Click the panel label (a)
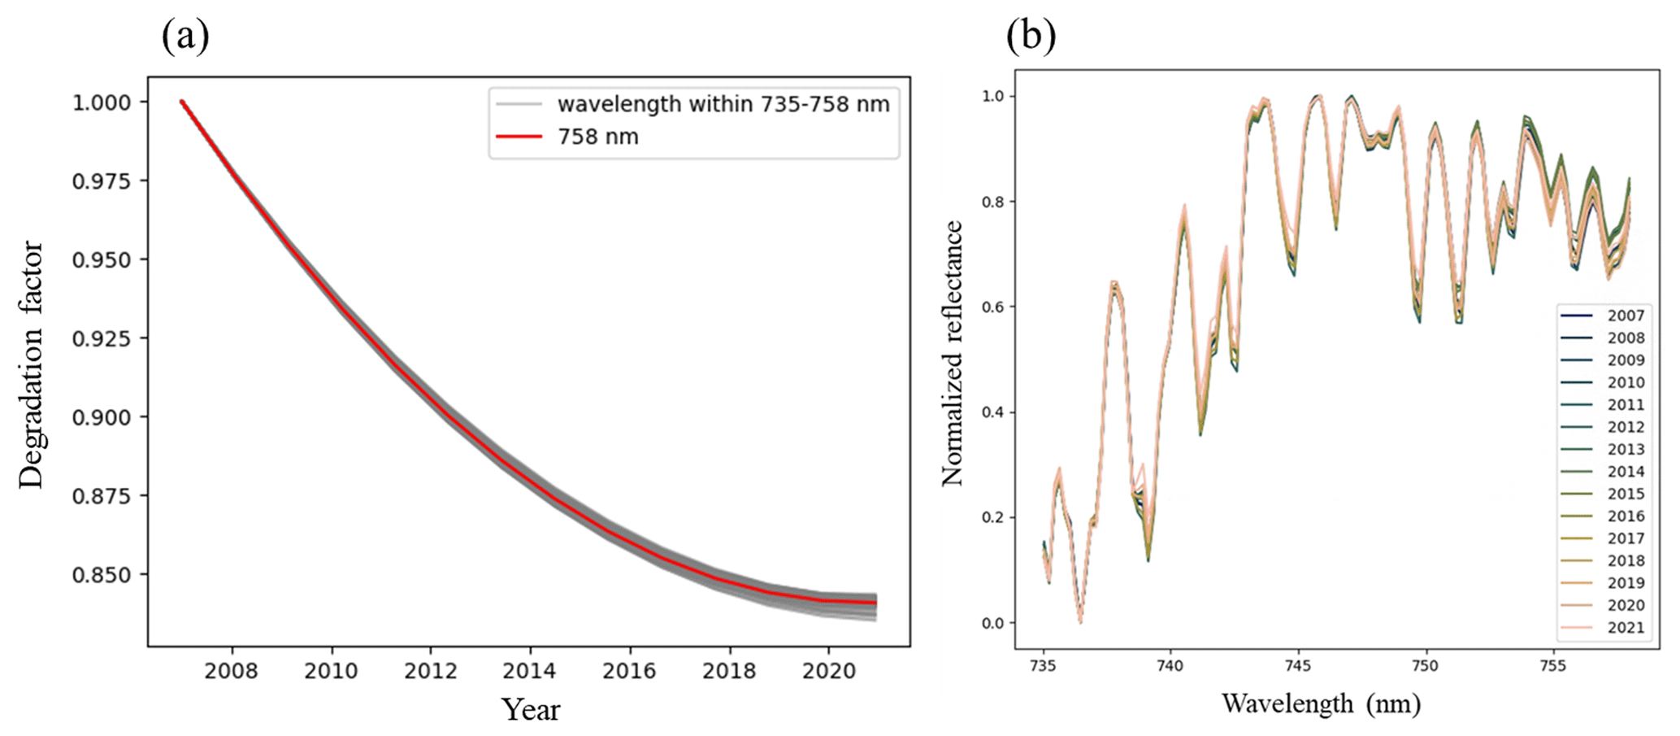pos(185,37)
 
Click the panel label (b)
pos(1031,37)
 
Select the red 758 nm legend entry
pos(597,137)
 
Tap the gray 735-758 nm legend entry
pos(723,104)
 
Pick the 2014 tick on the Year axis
pos(529,671)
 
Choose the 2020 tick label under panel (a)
pos(828,671)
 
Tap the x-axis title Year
pos(530,709)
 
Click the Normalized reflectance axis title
pos(952,354)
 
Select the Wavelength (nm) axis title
pos(1321,703)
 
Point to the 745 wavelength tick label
pos(1298,666)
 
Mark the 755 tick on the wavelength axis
pos(1552,666)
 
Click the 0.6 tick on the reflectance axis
pos(992,307)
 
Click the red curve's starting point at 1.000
pos(183,102)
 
